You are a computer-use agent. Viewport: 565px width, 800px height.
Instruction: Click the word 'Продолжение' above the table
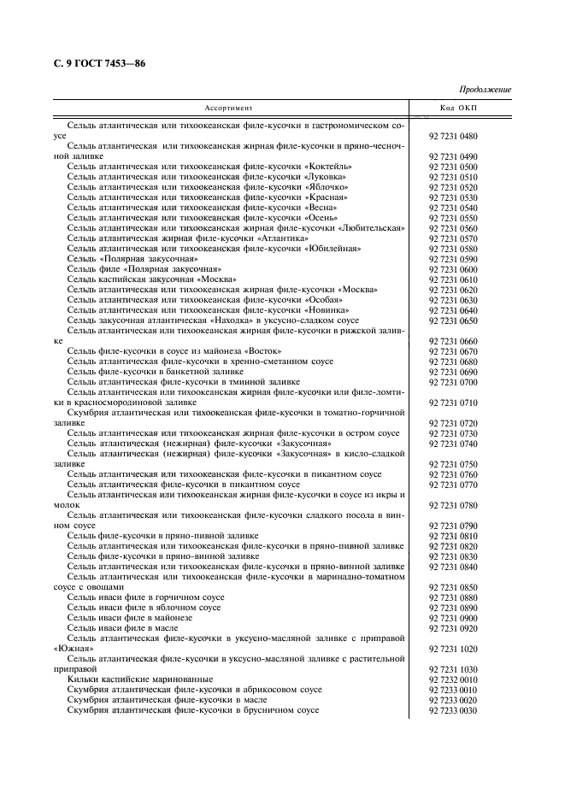[485, 90]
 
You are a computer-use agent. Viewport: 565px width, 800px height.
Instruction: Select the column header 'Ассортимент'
[228, 109]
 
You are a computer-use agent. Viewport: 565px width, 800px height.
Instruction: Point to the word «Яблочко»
[326, 187]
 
